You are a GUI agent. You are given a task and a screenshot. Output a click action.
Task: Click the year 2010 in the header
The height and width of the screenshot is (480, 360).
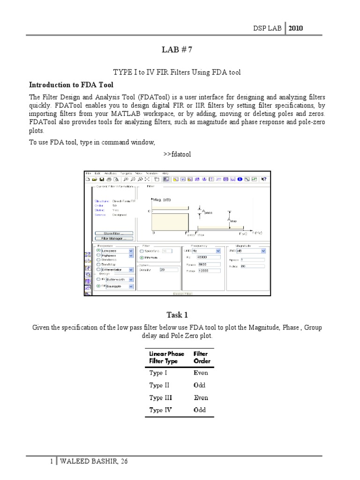coord(295,28)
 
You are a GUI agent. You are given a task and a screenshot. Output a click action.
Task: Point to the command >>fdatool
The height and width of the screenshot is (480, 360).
coord(177,154)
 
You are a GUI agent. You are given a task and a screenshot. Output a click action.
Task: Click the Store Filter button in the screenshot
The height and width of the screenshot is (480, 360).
coord(114,233)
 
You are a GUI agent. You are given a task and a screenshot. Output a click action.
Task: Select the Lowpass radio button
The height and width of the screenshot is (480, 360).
coord(98,251)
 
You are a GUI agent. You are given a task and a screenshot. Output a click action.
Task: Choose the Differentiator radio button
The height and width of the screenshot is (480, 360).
coord(98,269)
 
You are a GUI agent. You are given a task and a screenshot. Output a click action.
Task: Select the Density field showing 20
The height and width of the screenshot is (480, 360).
coord(168,270)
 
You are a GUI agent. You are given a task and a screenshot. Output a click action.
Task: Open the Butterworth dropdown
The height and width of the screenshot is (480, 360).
coord(120,279)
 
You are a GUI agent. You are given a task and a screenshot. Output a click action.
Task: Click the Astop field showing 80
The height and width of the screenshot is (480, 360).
coord(252,266)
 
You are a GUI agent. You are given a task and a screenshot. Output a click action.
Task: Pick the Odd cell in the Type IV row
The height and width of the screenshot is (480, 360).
coord(200,410)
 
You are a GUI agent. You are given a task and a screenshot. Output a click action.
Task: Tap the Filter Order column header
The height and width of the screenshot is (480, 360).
coord(202,358)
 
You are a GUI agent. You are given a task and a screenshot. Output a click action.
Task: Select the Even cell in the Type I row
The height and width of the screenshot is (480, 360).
coord(201,373)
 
